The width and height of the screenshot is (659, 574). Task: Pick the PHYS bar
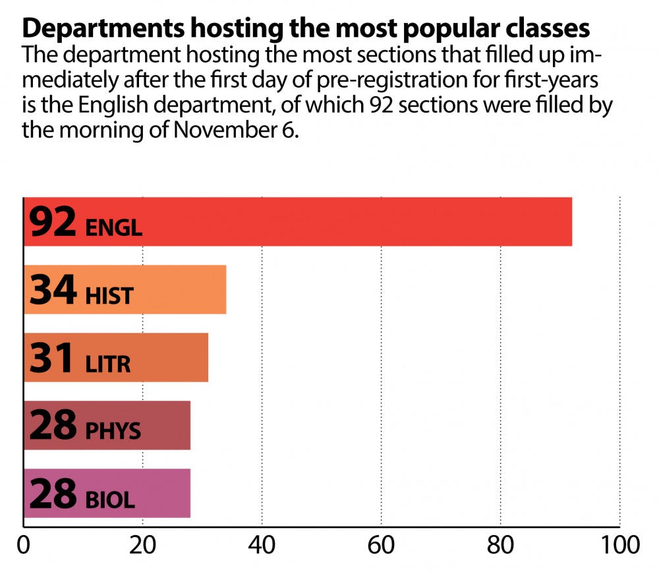click(x=165, y=426)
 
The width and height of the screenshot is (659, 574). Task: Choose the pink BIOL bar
click(x=165, y=494)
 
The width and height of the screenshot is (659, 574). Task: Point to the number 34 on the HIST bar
click(x=53, y=291)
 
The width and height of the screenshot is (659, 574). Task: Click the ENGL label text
click(x=113, y=228)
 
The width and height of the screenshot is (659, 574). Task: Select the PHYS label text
click(x=113, y=431)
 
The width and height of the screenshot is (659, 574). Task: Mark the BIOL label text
click(x=111, y=499)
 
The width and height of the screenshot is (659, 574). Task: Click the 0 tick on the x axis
click(x=24, y=548)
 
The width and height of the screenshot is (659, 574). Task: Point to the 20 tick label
click(x=142, y=548)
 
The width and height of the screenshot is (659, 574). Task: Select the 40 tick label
click(x=262, y=548)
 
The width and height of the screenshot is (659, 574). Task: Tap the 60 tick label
click(x=382, y=548)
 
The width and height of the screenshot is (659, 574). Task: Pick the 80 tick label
click(x=501, y=548)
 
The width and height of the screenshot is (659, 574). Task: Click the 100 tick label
click(x=619, y=548)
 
